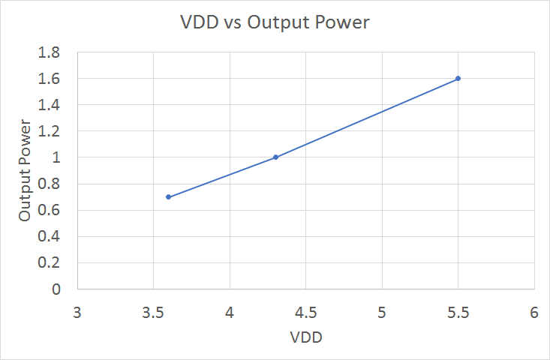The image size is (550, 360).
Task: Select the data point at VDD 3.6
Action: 168,196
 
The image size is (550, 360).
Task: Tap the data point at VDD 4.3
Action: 275,157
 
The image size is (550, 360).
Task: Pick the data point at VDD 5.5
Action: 458,78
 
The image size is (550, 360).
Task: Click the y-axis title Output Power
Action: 26,171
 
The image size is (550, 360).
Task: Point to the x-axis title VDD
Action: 305,337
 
